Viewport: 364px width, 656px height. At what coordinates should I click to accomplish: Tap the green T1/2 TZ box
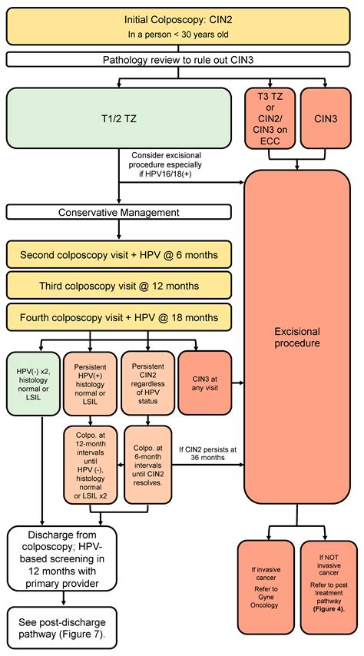pos(119,119)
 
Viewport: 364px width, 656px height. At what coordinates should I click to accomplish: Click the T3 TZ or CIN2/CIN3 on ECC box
pos(270,118)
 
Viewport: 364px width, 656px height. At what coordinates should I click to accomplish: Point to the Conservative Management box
pos(119,213)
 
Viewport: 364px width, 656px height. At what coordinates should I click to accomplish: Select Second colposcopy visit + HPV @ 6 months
pos(119,253)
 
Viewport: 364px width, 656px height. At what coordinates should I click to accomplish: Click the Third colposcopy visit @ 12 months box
pos(119,285)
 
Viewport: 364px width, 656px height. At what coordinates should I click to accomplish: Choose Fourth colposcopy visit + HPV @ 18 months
pos(119,317)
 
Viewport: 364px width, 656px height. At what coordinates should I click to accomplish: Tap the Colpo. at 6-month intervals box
pos(148,465)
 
